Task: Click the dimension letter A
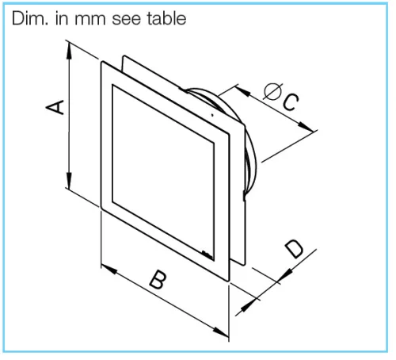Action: click(x=55, y=107)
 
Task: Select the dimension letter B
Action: click(x=158, y=279)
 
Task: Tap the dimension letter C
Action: click(x=290, y=101)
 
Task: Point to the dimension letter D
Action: click(x=294, y=249)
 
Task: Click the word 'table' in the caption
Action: click(x=166, y=19)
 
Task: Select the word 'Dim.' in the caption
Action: click(x=30, y=19)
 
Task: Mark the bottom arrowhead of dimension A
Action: click(x=69, y=180)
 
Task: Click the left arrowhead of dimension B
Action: click(x=109, y=270)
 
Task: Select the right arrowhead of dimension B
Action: click(x=220, y=331)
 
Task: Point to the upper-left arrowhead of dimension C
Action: click(x=242, y=91)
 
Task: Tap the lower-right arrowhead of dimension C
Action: click(x=307, y=126)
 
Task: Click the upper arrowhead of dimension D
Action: click(x=285, y=274)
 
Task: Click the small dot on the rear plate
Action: click(x=212, y=115)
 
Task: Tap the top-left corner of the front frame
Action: click(x=102, y=63)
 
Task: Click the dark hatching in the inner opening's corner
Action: click(x=207, y=255)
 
